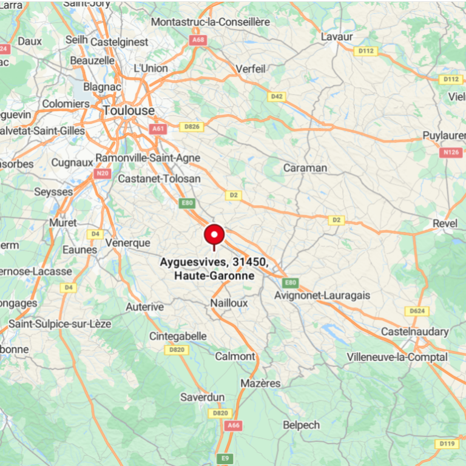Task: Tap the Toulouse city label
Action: [129, 111]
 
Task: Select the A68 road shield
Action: [197, 40]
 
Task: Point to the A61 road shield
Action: [158, 129]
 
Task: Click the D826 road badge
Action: [192, 127]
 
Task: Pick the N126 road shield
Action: [450, 152]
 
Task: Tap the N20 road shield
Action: [102, 174]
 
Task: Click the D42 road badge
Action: [277, 96]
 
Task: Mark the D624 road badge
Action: [417, 311]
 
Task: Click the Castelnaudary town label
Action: [414, 332]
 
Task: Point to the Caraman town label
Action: [305, 168]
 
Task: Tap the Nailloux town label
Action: [229, 302]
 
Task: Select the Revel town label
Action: [445, 224]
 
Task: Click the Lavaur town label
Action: [336, 37]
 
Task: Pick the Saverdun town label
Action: [203, 397]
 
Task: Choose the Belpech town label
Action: [301, 425]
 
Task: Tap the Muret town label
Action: [63, 223]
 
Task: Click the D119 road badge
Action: [447, 444]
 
